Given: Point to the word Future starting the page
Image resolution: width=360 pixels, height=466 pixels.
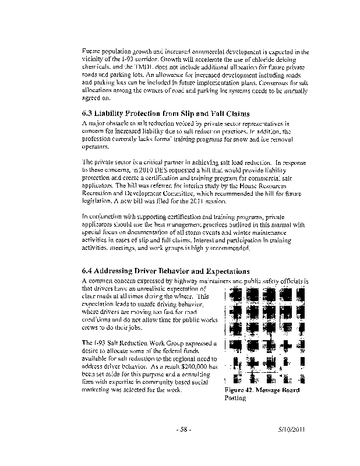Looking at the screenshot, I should coord(91,52).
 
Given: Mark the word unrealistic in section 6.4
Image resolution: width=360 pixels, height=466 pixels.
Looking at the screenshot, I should coord(154,288).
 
